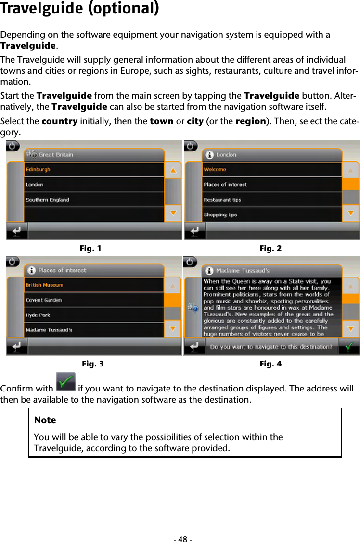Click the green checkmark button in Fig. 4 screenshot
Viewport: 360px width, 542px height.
pyautogui.click(x=350, y=346)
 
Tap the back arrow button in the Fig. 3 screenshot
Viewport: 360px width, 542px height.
pyautogui.click(x=17, y=346)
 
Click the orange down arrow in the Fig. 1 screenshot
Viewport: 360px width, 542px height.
pyautogui.click(x=173, y=214)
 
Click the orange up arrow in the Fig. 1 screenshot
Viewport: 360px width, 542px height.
pyautogui.click(x=173, y=170)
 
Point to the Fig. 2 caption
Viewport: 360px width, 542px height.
pyautogui.click(x=270, y=249)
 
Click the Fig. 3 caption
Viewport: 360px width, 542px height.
pyautogui.click(x=92, y=364)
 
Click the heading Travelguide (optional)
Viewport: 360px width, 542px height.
pyautogui.click(x=79, y=9)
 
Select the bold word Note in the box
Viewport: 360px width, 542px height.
pyautogui.click(x=45, y=420)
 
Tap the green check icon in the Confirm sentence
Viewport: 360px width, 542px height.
pyautogui.click(x=65, y=382)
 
